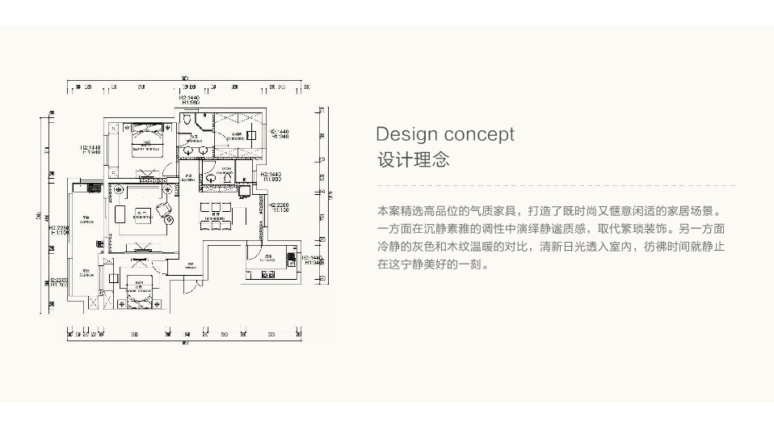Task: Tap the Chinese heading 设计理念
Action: tap(413, 159)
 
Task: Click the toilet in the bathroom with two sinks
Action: tap(187, 120)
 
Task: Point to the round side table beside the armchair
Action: tap(169, 220)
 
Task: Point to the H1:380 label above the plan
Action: tap(191, 103)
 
